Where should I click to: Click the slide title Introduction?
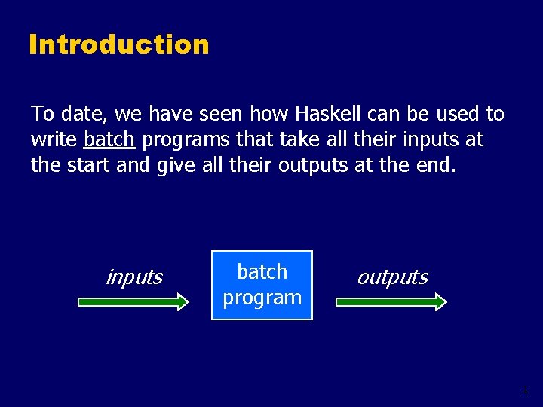click(118, 44)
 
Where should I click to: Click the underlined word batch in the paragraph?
click(109, 139)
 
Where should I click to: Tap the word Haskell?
click(330, 114)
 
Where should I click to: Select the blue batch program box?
click(262, 285)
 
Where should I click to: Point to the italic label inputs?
click(134, 277)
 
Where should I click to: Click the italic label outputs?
click(392, 277)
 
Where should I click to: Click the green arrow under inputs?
click(133, 302)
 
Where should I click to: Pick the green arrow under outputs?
click(391, 302)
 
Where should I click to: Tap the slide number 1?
click(526, 390)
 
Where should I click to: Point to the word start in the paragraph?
click(87, 165)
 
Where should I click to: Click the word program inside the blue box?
click(262, 298)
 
